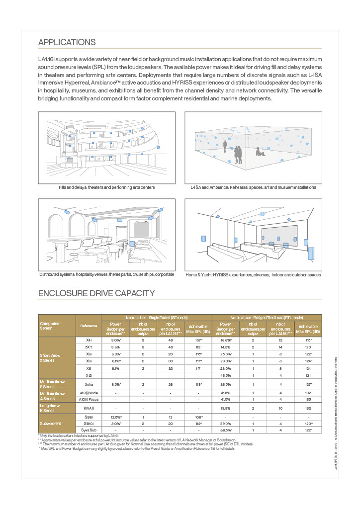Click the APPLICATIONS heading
point(67,42)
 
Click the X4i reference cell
point(89,340)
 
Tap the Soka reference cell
point(89,385)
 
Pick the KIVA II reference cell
point(89,408)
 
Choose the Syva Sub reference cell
point(89,429)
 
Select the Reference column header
point(89,326)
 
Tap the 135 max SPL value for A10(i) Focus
point(309,398)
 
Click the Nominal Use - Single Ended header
point(157,317)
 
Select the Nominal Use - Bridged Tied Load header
point(267,317)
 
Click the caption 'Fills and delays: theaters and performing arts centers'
point(106,187)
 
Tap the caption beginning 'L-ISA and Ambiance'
point(253,187)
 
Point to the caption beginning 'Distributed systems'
point(106,274)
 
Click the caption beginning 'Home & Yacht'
point(253,274)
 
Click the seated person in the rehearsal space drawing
point(258,152)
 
